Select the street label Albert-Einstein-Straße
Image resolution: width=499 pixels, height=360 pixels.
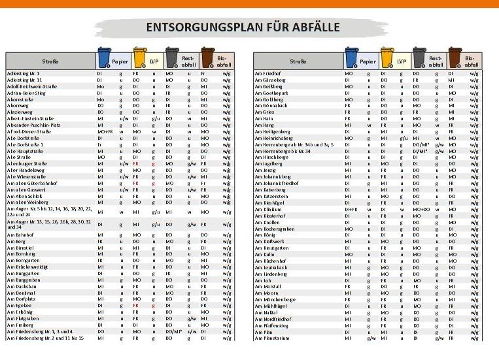(x=29, y=119)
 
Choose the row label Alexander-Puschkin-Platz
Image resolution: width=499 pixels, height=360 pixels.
(x=33, y=125)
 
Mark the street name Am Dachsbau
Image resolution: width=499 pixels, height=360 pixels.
(x=22, y=286)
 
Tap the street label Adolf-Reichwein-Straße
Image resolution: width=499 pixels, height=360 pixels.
(x=32, y=86)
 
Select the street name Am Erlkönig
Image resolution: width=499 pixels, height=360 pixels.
(x=20, y=312)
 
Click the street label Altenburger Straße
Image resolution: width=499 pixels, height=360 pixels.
(x=27, y=164)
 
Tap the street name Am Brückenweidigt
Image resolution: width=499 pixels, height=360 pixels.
(x=29, y=267)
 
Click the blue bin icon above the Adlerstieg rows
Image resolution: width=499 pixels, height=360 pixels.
(x=104, y=58)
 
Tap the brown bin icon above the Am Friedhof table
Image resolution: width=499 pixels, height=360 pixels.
(x=455, y=58)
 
